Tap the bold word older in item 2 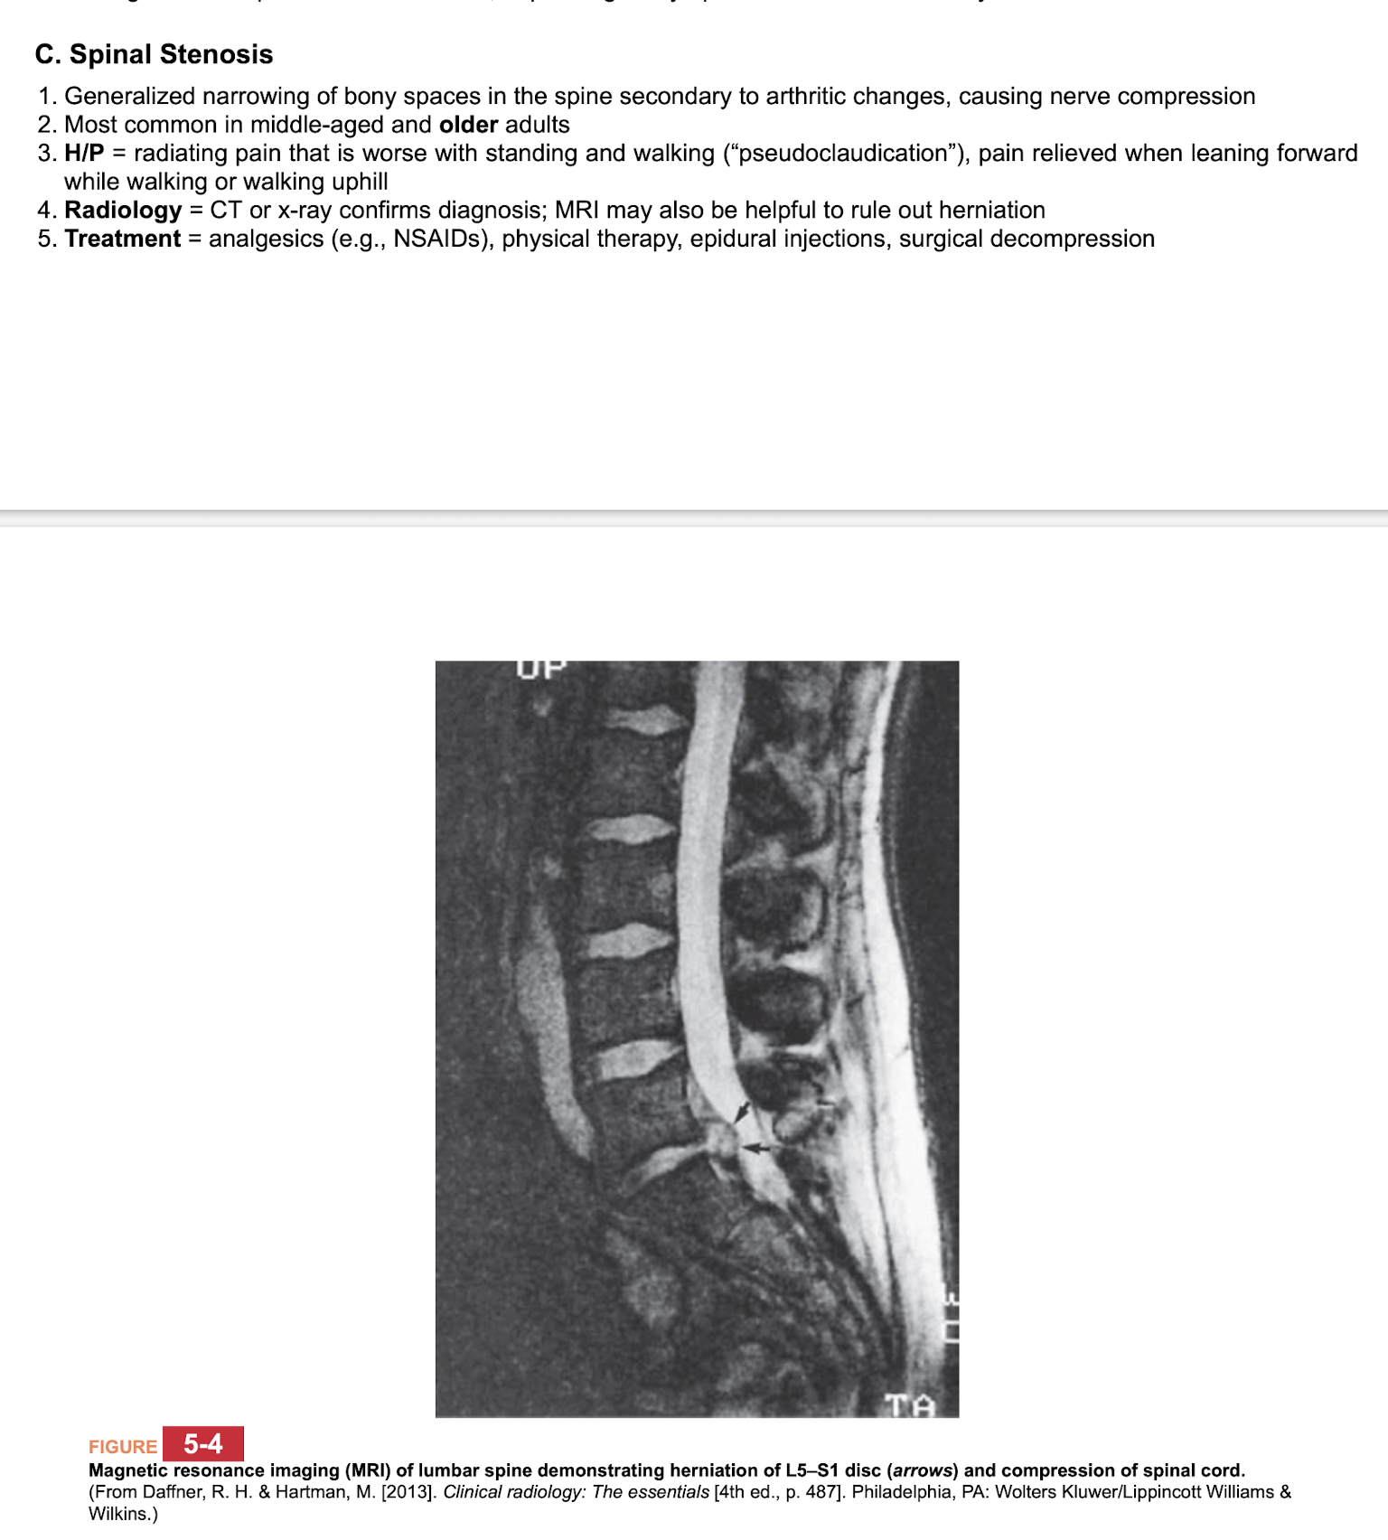click(468, 125)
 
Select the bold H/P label click(84, 154)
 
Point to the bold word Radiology click(123, 211)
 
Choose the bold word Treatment click(123, 239)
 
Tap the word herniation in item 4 click(991, 211)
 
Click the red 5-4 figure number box click(203, 1444)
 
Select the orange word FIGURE click(123, 1447)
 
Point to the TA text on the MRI click(909, 1405)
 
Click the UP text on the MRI click(540, 669)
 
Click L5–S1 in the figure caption click(808, 1470)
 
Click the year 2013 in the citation click(408, 1492)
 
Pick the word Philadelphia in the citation click(904, 1492)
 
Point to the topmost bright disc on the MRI click(643, 720)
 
